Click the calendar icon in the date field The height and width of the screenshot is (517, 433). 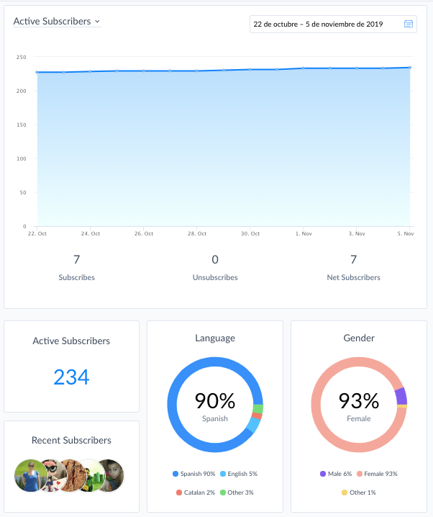409,24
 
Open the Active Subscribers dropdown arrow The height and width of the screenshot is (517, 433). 97,22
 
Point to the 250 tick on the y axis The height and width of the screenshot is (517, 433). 22,57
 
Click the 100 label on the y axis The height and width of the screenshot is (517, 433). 22,158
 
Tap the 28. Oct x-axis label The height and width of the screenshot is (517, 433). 197,233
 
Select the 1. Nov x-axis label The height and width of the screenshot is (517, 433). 304,233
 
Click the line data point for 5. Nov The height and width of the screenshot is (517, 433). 410,68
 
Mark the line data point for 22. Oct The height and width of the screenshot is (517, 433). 37,72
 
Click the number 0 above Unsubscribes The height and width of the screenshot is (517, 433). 215,259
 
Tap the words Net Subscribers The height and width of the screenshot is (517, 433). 354,277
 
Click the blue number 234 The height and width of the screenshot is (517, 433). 71,377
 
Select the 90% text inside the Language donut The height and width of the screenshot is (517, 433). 215,400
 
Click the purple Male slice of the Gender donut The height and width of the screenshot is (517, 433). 401,396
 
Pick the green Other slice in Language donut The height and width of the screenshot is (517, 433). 258,409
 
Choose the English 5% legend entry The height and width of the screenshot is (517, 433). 239,474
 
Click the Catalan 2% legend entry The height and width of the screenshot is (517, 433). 196,493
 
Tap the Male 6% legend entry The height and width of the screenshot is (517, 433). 336,474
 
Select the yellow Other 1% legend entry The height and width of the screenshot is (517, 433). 359,493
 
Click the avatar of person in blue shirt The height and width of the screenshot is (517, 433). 31,475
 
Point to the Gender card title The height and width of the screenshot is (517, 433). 359,338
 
